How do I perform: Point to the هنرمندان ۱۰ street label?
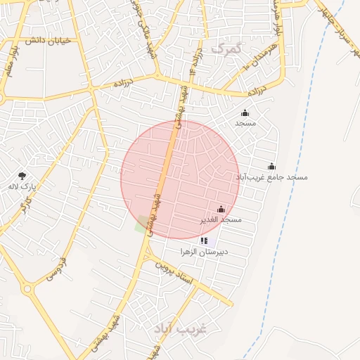(263, 53)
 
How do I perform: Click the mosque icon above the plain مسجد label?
(245, 112)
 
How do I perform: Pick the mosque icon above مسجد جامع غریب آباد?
(271, 166)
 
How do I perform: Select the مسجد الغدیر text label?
(221, 219)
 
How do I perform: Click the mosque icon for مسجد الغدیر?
(221, 209)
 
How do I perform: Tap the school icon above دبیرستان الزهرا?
(204, 240)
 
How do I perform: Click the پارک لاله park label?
(22, 186)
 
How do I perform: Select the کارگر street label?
(25, 206)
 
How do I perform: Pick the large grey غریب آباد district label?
(181, 328)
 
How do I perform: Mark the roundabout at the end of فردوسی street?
(28, 288)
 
